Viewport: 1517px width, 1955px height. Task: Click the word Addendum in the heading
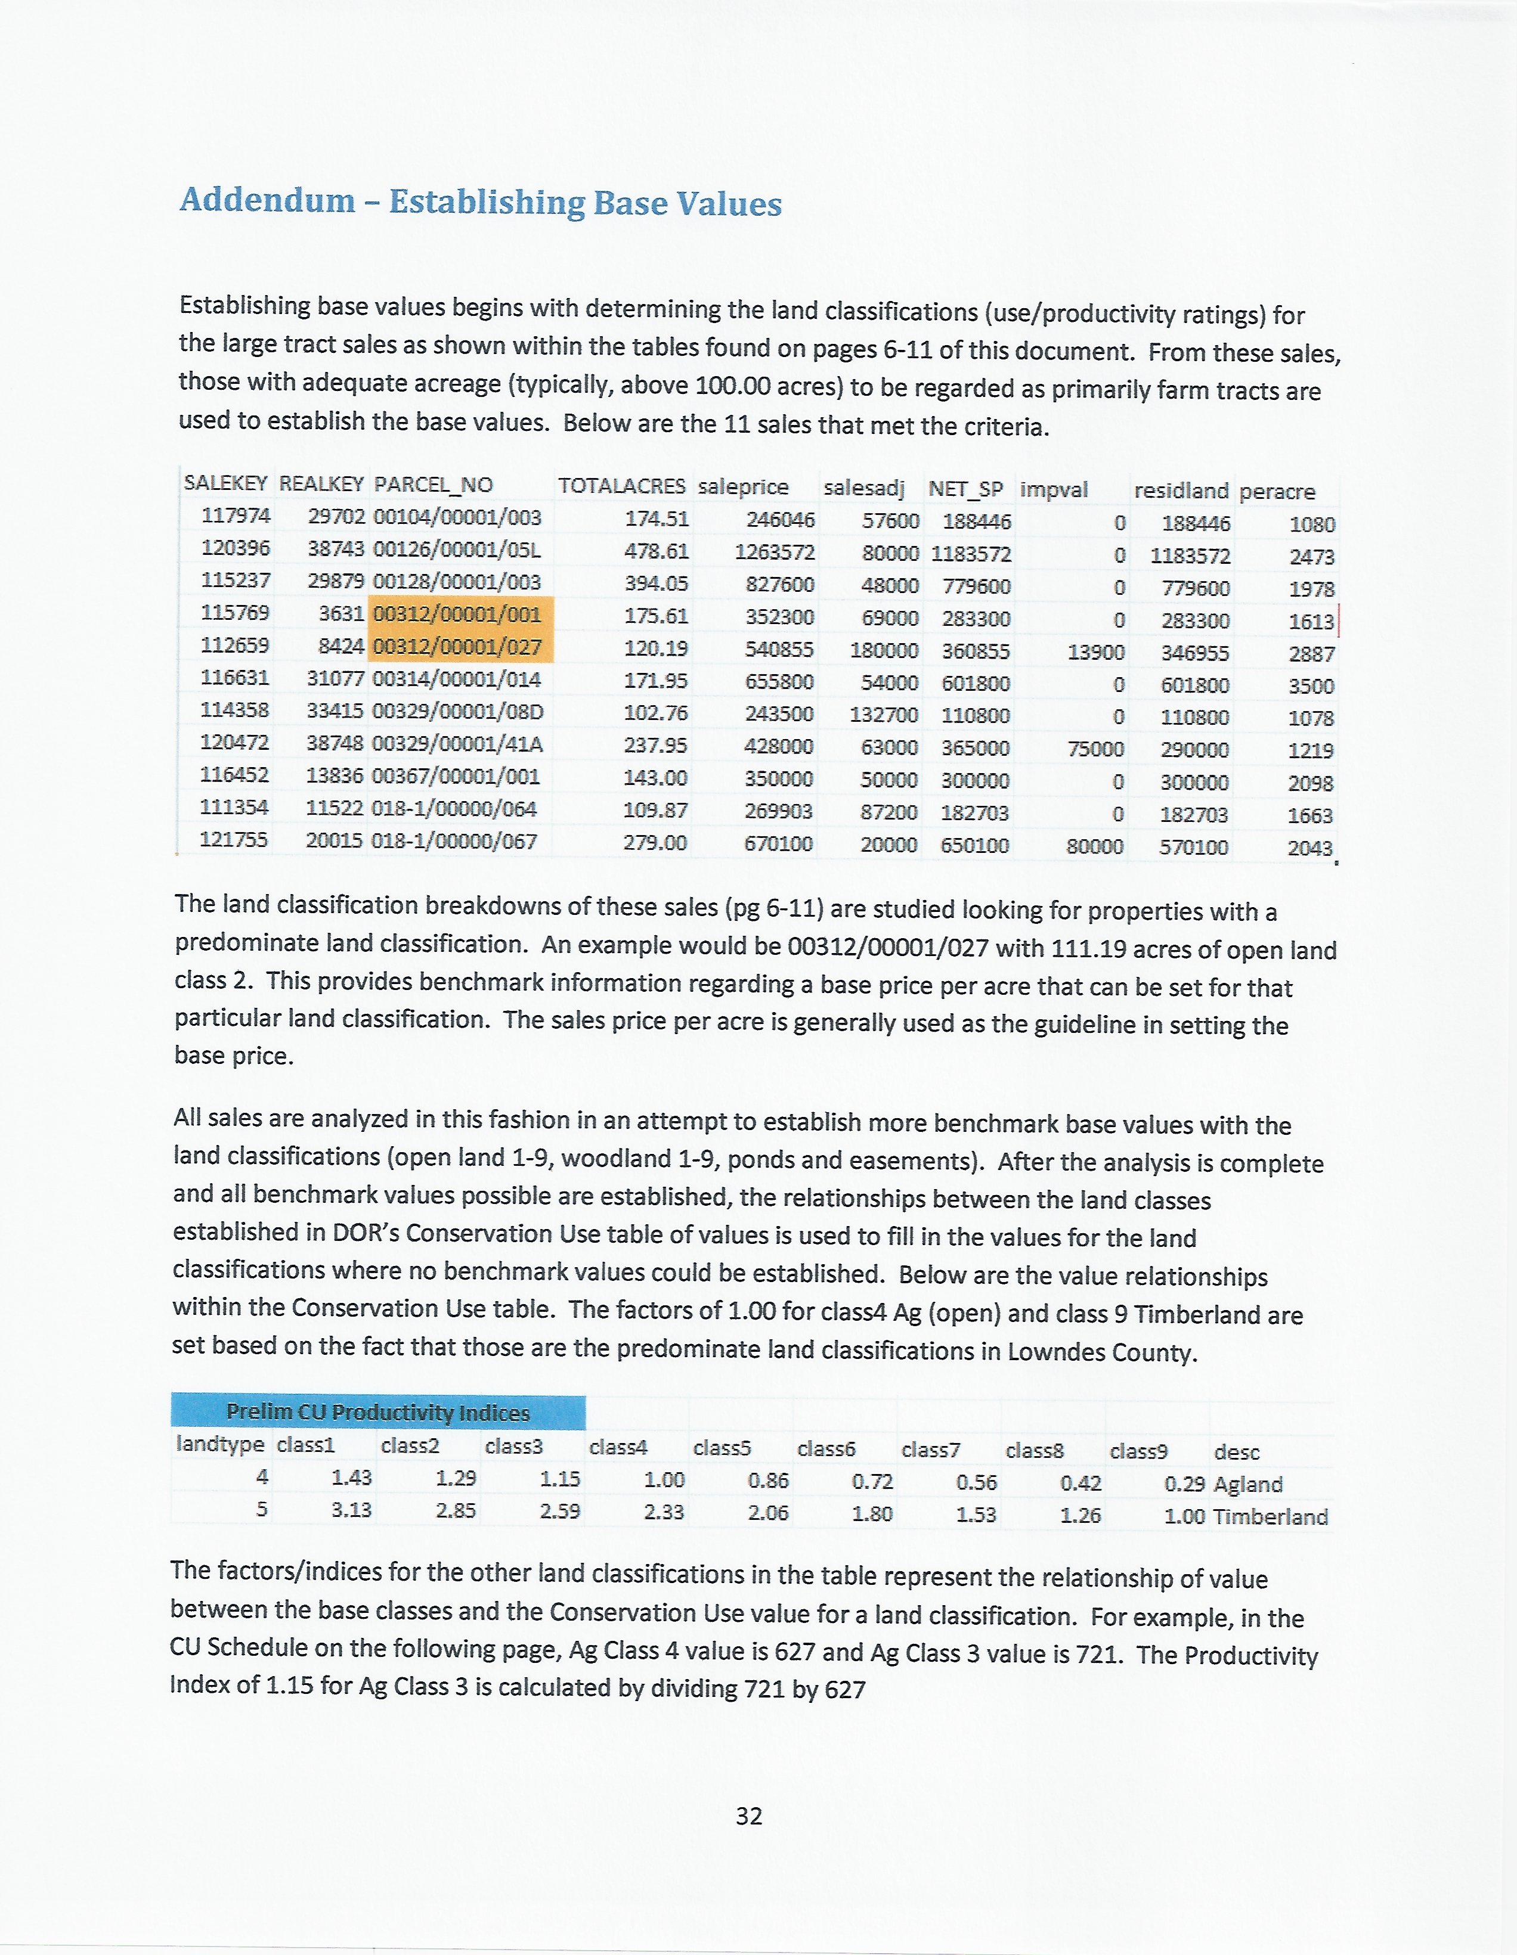(267, 200)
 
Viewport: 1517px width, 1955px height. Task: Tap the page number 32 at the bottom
(748, 1816)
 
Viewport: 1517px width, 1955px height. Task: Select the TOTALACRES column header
(621, 486)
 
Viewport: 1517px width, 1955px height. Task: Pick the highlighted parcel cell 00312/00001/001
(457, 615)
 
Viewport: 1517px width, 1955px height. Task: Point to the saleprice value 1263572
(775, 553)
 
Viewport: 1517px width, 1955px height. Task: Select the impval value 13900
(1095, 653)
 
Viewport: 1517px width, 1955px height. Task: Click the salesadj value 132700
(884, 715)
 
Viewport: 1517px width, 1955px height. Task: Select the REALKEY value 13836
(334, 776)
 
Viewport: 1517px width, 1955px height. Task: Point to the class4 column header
(618, 1447)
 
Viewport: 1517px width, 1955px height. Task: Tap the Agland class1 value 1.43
(351, 1478)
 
